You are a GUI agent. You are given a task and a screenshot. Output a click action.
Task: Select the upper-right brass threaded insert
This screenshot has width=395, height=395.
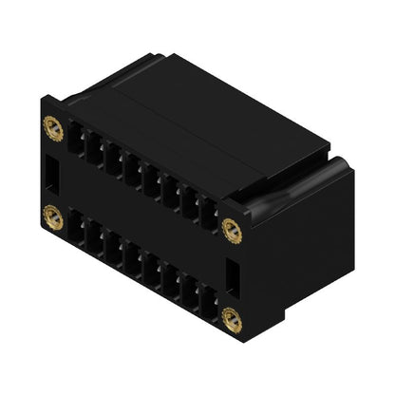coord(229,228)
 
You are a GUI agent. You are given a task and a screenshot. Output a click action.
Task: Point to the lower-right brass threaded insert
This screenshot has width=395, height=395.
coord(231,319)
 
